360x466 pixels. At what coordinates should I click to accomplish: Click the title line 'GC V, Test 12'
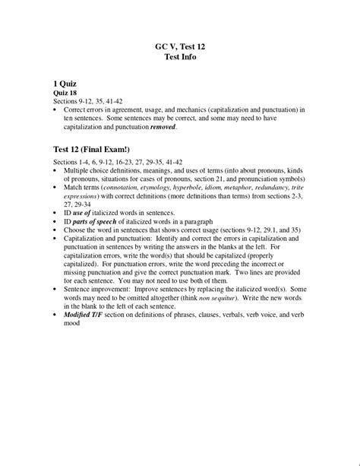tap(180, 46)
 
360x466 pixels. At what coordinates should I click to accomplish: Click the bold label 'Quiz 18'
tap(66, 91)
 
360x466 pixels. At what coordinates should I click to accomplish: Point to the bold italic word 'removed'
tap(163, 127)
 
